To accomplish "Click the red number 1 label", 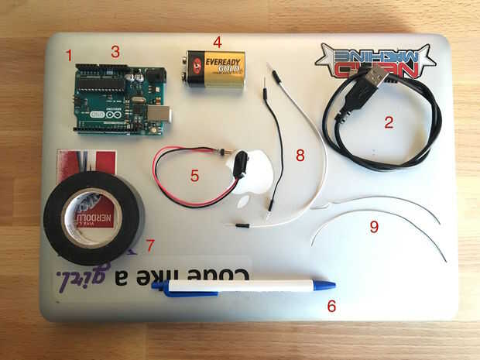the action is (x=70, y=56).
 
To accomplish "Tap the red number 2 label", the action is (x=389, y=122).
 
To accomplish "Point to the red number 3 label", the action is (x=115, y=52).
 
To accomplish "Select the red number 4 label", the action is (x=218, y=42).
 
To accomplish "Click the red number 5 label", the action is (x=195, y=175).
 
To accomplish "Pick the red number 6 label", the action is (x=331, y=306).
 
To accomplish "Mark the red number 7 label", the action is (x=150, y=245).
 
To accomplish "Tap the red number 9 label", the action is (x=374, y=226).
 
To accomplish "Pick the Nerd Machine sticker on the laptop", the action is (x=375, y=60).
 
